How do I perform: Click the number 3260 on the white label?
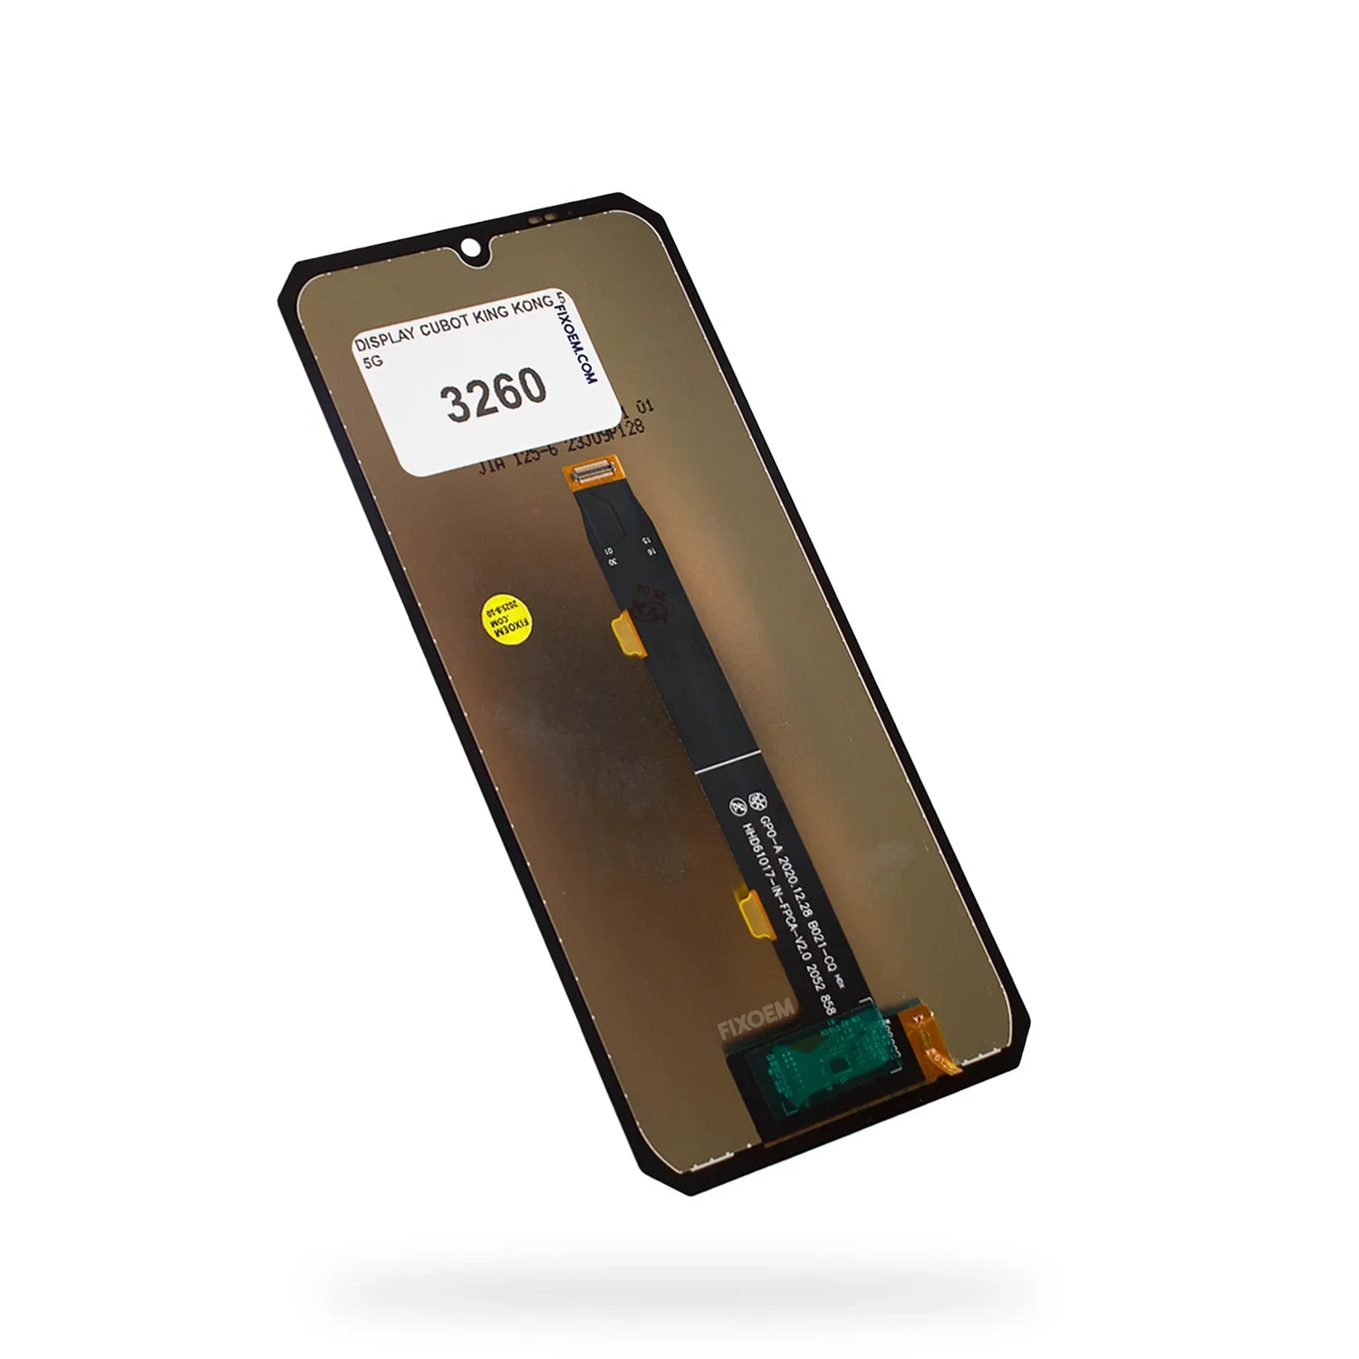pos(495,394)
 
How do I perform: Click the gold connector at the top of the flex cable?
pos(590,472)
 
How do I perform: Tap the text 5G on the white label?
pos(371,361)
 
